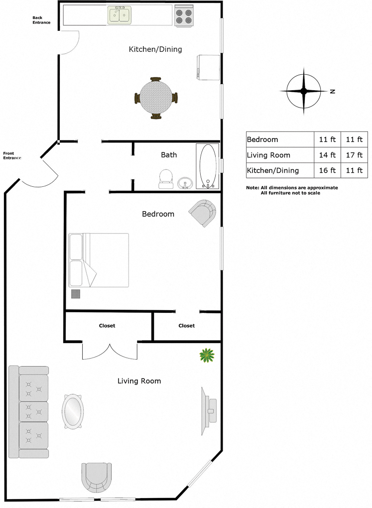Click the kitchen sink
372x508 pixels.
(x=120, y=15)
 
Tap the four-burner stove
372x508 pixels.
(x=184, y=15)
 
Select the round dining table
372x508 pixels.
(x=156, y=98)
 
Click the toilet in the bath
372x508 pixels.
(x=166, y=179)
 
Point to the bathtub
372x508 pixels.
(x=208, y=166)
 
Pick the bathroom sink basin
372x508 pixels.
(x=185, y=183)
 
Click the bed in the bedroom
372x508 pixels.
(x=99, y=260)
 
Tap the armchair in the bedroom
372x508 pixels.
(x=203, y=213)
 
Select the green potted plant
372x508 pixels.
(x=207, y=356)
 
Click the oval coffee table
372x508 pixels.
(x=72, y=411)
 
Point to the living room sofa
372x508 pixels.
(x=28, y=412)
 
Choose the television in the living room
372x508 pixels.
(x=209, y=411)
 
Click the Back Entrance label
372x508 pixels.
(x=41, y=20)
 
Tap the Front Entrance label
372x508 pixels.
(x=12, y=155)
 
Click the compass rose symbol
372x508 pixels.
(x=304, y=91)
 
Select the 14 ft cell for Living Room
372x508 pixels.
(x=327, y=155)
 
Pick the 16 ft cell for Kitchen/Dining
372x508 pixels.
(x=327, y=170)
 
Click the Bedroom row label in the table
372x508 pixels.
(x=262, y=139)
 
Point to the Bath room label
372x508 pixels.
(x=169, y=155)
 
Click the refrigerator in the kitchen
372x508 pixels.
(x=208, y=67)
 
